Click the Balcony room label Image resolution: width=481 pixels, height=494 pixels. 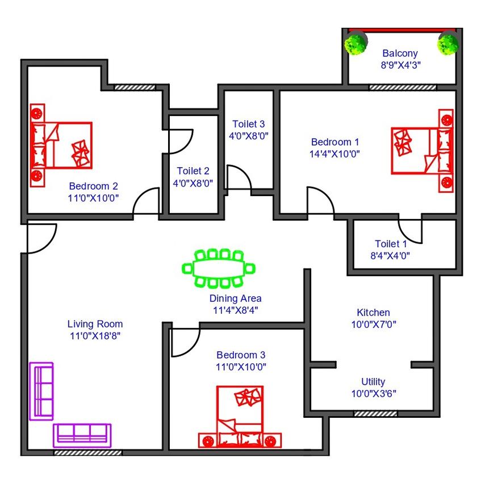[400, 53]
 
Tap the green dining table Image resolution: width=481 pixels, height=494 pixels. [219, 269]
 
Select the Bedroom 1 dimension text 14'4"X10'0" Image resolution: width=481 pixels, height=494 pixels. [334, 154]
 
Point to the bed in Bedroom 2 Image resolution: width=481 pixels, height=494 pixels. [61, 145]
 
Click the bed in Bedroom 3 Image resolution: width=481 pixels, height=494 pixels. [240, 417]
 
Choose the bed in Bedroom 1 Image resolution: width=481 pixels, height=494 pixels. [422, 151]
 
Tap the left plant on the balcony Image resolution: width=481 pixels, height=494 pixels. [355, 44]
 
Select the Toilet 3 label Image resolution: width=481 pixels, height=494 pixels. [248, 124]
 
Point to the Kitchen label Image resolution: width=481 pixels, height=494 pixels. [373, 313]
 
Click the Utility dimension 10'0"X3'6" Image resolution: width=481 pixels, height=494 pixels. [374, 393]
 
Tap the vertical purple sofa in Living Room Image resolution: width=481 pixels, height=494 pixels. [41, 391]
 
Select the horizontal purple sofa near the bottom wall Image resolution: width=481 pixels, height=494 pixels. [82, 435]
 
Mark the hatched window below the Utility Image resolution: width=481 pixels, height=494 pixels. [375, 414]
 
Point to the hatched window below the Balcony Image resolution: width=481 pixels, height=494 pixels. [403, 88]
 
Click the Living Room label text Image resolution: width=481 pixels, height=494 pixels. [95, 324]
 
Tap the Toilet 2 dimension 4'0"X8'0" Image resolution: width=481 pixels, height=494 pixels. [193, 184]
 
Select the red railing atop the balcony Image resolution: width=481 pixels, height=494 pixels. [402, 30]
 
